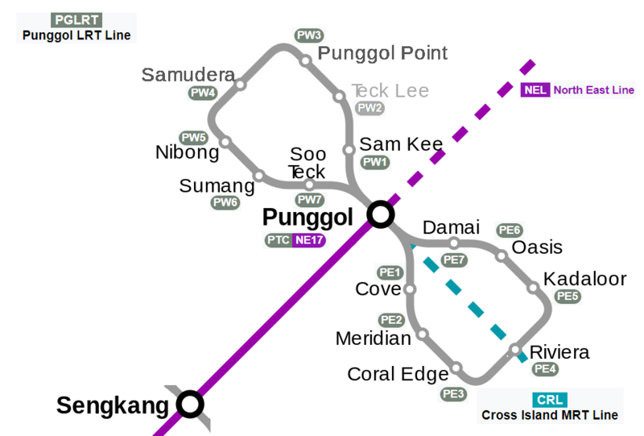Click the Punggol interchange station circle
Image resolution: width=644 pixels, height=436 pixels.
tap(380, 214)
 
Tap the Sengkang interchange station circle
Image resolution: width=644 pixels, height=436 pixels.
tap(190, 404)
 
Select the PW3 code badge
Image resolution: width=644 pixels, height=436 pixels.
tap(309, 35)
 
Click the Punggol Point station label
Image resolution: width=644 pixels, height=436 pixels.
tap(383, 54)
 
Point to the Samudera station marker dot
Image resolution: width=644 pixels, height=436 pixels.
tap(241, 83)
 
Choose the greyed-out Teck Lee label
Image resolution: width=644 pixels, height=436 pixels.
tap(390, 90)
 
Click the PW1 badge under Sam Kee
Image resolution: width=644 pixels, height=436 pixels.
tap(375, 162)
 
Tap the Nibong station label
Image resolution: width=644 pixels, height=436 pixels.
tap(187, 152)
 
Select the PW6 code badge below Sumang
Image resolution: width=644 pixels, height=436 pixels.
tap(225, 203)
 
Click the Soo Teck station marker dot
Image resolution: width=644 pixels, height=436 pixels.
tap(309, 185)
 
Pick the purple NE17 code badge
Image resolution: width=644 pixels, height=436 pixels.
tap(309, 239)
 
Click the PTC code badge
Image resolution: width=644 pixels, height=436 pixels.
tap(278, 239)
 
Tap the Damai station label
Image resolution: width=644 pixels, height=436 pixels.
tap(451, 227)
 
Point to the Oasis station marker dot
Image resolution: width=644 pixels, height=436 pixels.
tap(501, 256)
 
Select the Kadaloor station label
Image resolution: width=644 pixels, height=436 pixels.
tap(584, 279)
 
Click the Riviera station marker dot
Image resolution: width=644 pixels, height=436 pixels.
tap(515, 350)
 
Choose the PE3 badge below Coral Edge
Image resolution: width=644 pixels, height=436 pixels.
tap(454, 394)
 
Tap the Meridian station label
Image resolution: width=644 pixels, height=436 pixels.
tap(374, 338)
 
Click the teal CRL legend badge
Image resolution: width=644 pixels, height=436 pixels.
tap(550, 400)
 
